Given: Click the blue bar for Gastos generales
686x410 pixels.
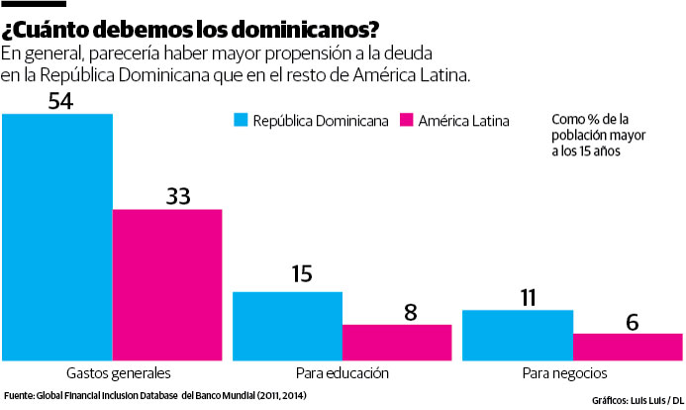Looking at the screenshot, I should click(57, 237).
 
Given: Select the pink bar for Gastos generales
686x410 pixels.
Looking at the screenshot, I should click(167, 285).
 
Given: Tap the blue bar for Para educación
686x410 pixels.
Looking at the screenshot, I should click(287, 326).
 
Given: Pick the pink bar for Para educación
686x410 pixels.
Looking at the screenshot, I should click(397, 343).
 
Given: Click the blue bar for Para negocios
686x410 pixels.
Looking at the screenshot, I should click(518, 336).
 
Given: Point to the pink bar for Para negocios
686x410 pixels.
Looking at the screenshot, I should click(628, 347).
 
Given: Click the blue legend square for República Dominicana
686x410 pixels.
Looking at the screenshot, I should click(241, 121).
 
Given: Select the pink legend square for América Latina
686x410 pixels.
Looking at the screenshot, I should click(405, 121).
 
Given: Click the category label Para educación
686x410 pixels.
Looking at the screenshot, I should click(342, 373).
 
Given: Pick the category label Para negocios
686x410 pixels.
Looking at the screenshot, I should click(571, 373).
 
